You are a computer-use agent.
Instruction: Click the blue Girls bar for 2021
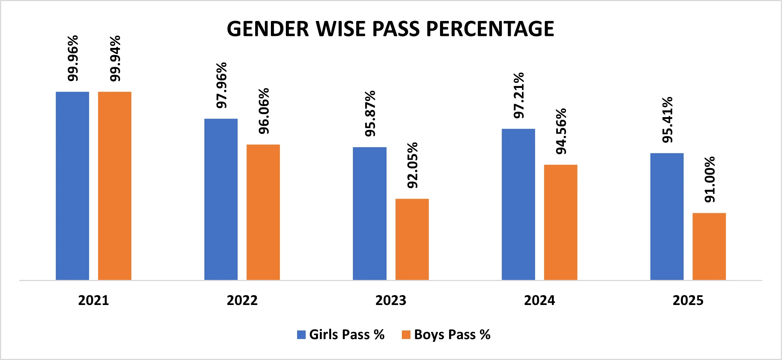[72, 186]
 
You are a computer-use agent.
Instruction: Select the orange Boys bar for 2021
[114, 186]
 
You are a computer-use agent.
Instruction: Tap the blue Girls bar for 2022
[221, 199]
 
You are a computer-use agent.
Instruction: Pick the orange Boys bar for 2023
[412, 239]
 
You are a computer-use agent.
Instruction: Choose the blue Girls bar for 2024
[518, 204]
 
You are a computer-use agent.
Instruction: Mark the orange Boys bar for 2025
[709, 246]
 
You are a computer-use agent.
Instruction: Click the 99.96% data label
[73, 58]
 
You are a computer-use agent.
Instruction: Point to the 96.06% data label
[264, 111]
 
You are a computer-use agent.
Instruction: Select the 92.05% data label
[412, 165]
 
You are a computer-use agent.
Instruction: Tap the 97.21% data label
[519, 95]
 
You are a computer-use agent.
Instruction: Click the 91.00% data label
[709, 180]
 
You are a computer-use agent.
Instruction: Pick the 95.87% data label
[370, 113]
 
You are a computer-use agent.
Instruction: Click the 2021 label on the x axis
[94, 300]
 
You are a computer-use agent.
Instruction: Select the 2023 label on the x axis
[391, 300]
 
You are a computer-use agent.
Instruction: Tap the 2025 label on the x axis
[688, 300]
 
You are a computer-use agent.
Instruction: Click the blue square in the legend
[301, 335]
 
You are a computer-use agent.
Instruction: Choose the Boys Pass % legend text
[452, 335]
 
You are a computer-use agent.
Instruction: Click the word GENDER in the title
[268, 29]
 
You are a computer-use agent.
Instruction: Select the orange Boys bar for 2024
[560, 222]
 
